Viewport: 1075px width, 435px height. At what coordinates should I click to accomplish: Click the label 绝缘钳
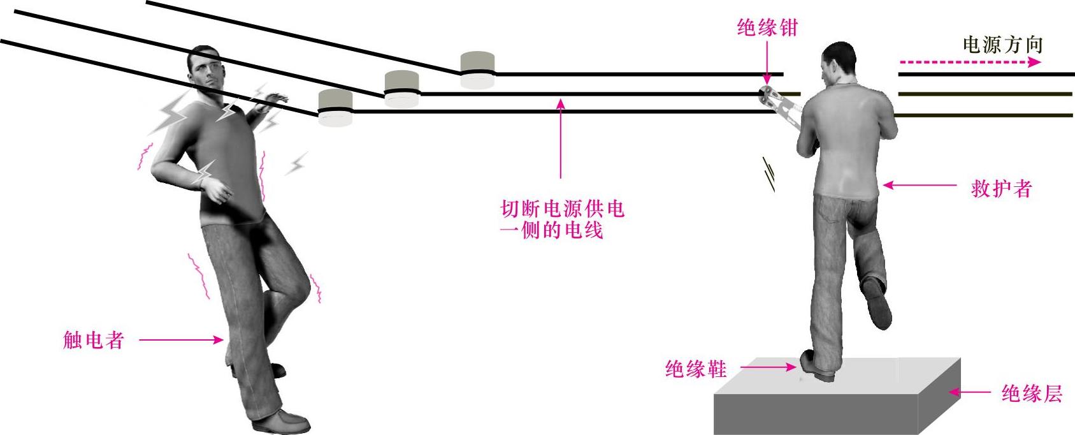tap(767, 28)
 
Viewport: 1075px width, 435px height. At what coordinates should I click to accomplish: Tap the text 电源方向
tap(1002, 45)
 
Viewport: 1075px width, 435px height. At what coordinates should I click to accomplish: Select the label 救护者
tap(1001, 189)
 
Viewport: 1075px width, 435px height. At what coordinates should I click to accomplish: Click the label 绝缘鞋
tap(695, 369)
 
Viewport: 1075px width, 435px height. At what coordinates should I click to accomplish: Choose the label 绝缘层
tap(1032, 394)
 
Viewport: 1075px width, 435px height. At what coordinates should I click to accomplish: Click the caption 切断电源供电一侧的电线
tap(561, 219)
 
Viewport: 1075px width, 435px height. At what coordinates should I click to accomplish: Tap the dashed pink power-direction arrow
tap(969, 62)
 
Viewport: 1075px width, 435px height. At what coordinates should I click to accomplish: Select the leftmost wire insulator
tap(335, 108)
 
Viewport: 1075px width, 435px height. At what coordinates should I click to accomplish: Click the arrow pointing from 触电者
tap(181, 341)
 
